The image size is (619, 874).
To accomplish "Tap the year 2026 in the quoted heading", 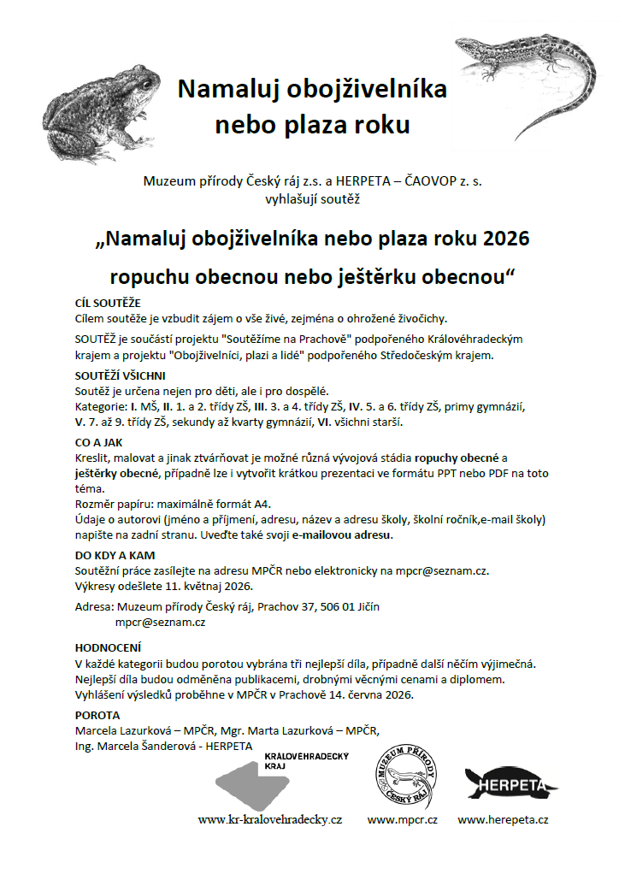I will [x=505, y=238].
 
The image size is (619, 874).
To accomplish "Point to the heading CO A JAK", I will [x=100, y=443].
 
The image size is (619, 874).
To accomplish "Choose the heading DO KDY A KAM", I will [x=115, y=555].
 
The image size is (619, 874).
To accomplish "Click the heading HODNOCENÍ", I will [x=109, y=648].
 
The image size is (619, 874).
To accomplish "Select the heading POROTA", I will [x=98, y=715].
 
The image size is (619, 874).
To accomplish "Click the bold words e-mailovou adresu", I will [x=342, y=535].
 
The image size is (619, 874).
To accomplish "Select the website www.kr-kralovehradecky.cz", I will [x=270, y=819].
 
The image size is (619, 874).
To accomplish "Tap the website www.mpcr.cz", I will [x=403, y=819].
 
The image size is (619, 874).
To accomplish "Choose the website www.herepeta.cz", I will [x=504, y=819].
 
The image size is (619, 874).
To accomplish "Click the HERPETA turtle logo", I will [x=511, y=782].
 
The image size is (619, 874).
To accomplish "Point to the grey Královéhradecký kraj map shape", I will [x=256, y=782].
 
